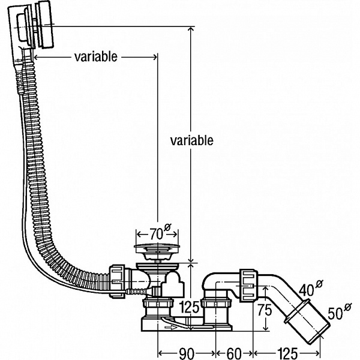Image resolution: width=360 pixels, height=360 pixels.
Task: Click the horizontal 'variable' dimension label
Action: point(96,57)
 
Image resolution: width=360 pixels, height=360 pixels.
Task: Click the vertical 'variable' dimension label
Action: point(191,140)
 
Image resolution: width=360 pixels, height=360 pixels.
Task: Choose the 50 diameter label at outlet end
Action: point(337,312)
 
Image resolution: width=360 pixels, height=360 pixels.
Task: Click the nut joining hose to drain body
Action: point(118,279)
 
